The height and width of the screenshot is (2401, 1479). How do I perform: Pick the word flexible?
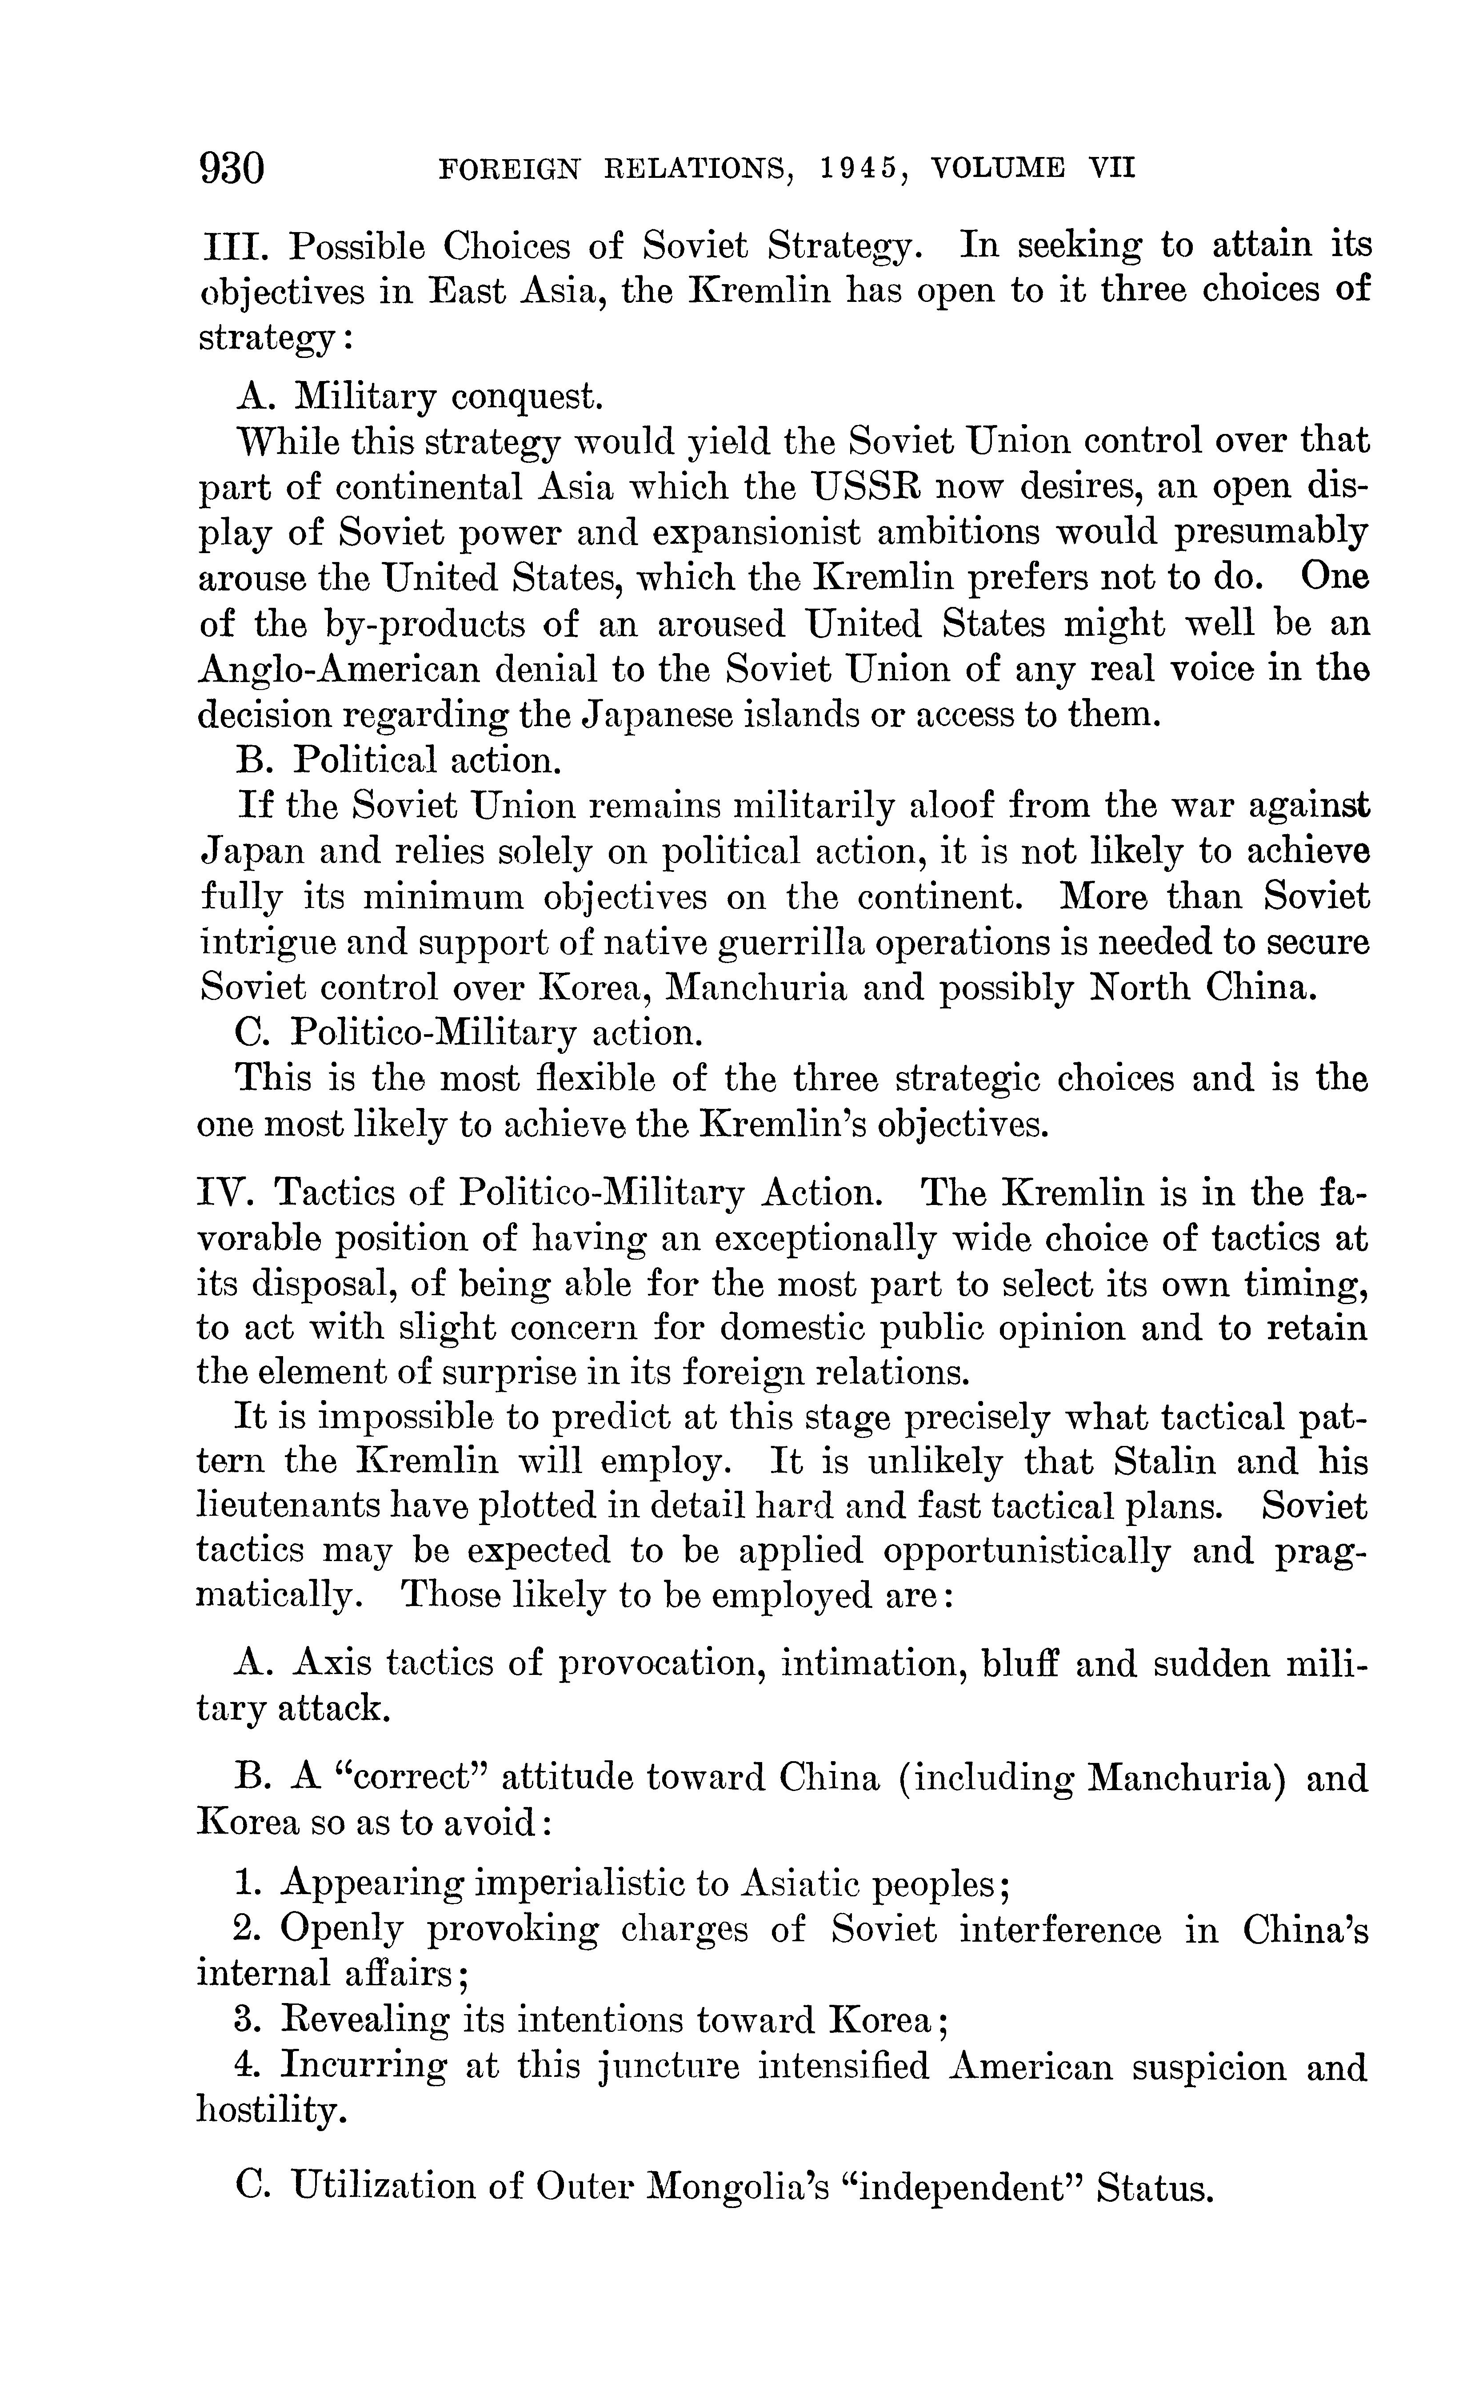(596, 1078)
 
